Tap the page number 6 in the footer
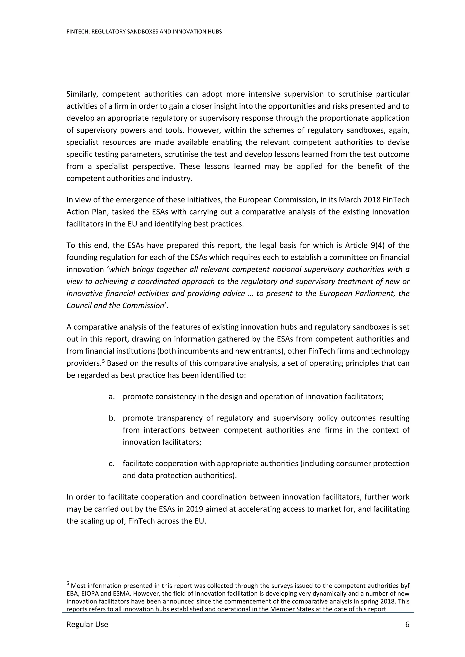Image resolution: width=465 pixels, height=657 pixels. [x=407, y=624]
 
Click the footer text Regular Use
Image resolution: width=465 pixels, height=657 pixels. [x=87, y=624]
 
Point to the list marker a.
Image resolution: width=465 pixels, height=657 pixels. [x=112, y=397]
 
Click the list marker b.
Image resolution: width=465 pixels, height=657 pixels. [x=112, y=418]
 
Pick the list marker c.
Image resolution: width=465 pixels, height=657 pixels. [x=112, y=463]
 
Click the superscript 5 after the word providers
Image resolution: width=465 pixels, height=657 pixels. [x=104, y=361]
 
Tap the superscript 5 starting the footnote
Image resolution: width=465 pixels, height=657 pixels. [x=68, y=583]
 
